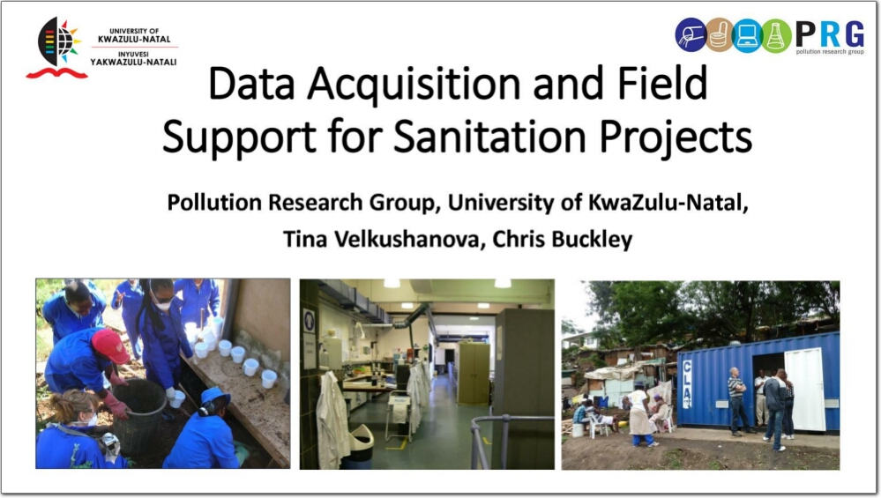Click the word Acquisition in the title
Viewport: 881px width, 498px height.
pos(414,84)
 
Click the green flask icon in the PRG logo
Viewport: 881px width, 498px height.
pos(776,35)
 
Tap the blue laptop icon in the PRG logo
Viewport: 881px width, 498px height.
pos(747,35)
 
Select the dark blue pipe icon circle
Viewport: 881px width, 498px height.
pos(691,34)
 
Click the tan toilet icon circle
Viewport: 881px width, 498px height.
pos(720,34)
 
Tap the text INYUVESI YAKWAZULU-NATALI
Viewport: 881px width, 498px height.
pos(134,58)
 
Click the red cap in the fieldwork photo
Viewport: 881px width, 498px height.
pos(110,345)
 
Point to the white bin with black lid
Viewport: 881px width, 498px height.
pos(358,446)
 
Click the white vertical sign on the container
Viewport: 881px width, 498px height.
pos(687,384)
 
